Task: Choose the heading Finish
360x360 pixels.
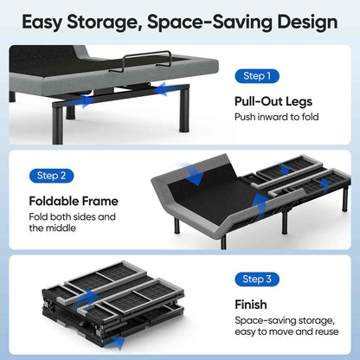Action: (252, 305)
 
